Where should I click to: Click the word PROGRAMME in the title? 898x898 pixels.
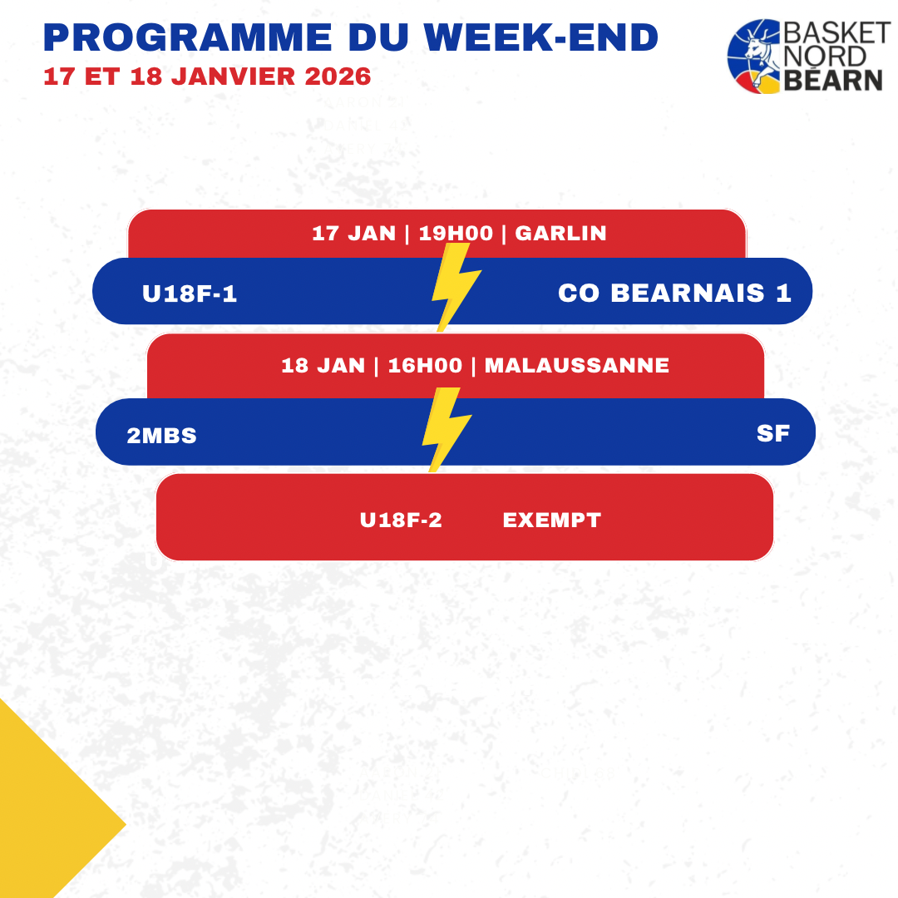pos(188,37)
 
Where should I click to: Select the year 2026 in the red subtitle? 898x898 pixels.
pos(338,76)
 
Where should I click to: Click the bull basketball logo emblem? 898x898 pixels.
pos(753,57)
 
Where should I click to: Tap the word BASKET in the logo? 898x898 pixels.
pos(836,32)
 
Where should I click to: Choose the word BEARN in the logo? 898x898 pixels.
pos(832,80)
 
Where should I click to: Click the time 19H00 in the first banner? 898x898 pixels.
pos(456,233)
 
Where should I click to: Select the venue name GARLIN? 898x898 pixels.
pos(560,233)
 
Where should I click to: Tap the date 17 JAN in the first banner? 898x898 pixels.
pos(354,233)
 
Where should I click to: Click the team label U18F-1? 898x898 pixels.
pos(190,294)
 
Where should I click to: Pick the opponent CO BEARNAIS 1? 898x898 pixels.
pos(674,294)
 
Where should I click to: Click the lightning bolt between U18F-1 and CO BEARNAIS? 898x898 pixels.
pos(456,287)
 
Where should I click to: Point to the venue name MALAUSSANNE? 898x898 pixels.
pos(577,365)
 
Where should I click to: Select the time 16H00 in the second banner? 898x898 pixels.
pos(425,365)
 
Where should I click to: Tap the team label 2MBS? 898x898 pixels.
pos(161,436)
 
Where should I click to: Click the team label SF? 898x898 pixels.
pos(773,433)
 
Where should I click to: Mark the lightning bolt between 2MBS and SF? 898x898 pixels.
pos(447,430)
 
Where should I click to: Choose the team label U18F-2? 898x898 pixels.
pos(401,520)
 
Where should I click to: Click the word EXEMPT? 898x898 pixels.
pos(552,520)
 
